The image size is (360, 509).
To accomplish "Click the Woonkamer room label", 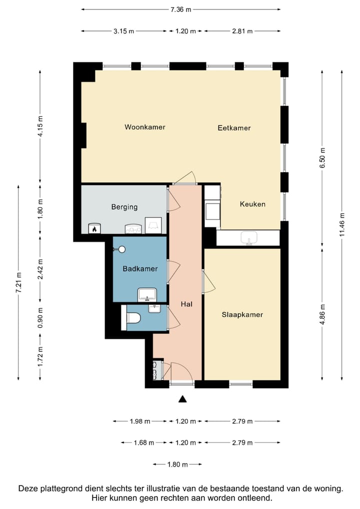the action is [145, 127].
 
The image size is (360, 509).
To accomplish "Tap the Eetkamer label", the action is [234, 128].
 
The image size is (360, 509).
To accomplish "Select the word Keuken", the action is [252, 204].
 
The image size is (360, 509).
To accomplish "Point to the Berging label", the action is [124, 207].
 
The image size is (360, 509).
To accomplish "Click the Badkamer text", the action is [140, 269].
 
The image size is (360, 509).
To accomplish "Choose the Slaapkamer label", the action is [242, 314].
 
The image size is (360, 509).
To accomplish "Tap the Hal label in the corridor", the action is [186, 304].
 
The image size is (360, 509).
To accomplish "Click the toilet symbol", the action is [133, 318].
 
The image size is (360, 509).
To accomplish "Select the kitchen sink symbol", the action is [249, 237].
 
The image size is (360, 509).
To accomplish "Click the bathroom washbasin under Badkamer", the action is [147, 295].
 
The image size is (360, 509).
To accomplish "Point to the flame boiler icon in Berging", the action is [94, 228].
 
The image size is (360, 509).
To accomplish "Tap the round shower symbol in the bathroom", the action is [122, 249].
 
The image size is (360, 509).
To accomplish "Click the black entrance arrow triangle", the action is [183, 399].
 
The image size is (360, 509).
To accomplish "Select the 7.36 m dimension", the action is [181, 9].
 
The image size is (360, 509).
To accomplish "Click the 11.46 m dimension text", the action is [341, 224].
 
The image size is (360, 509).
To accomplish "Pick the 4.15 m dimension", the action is [40, 126].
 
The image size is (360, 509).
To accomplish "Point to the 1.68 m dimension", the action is [144, 442].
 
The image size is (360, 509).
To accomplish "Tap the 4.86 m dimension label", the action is [322, 314].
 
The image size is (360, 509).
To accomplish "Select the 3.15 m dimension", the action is [123, 31].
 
